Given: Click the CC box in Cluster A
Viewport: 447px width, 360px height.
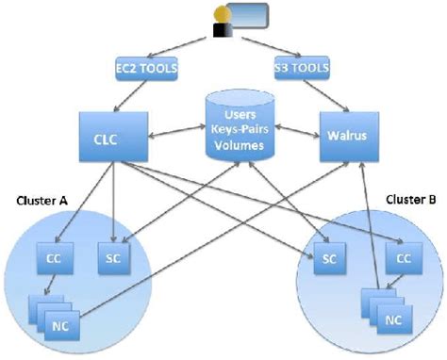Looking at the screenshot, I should tap(54, 257).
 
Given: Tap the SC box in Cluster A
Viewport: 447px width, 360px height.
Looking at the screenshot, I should tap(111, 257).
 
